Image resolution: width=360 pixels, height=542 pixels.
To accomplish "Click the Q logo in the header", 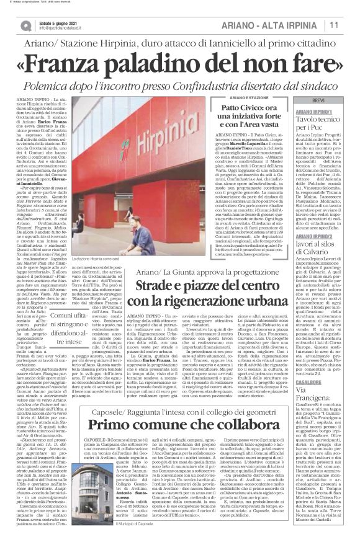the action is (25, 25).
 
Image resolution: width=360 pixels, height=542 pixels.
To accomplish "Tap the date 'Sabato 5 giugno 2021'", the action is (58, 22).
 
